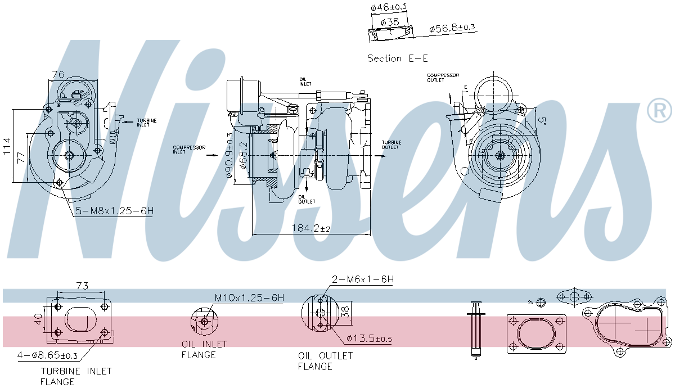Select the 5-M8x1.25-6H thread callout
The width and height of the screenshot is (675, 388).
[115, 211]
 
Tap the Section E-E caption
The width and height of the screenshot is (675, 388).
[393, 58]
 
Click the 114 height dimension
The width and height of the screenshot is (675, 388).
[7, 146]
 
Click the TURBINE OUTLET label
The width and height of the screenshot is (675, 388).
[391, 145]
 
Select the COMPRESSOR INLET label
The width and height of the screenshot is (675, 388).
[189, 150]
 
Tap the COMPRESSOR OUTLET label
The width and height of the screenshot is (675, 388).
[443, 78]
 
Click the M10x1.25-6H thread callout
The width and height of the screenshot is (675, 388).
[249, 297]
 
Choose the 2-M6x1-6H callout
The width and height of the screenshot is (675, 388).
[363, 279]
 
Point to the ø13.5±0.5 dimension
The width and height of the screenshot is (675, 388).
[369, 339]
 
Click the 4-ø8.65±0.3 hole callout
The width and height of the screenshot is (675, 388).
[47, 355]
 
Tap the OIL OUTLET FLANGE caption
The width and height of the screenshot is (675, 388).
[325, 361]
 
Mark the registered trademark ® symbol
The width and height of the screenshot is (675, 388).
[659, 110]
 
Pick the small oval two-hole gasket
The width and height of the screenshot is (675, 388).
[574, 296]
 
